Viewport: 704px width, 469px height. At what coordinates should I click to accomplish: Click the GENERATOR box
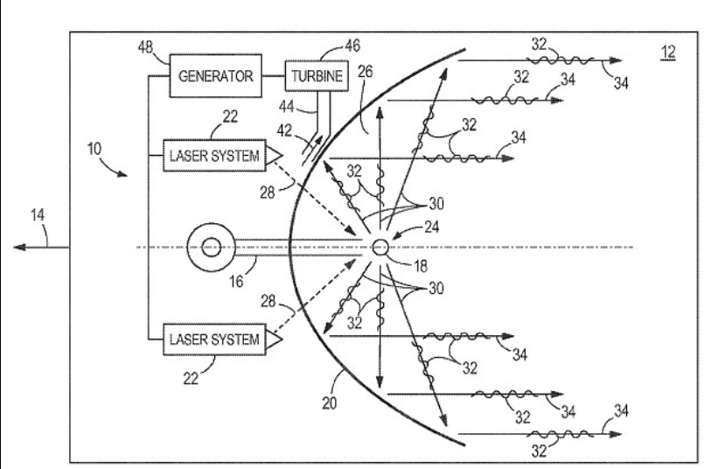point(215,75)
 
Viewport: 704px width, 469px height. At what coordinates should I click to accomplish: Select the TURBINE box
point(317,75)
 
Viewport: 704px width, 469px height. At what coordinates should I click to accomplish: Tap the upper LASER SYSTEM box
point(214,156)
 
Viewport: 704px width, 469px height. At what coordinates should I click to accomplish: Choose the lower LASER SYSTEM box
point(214,339)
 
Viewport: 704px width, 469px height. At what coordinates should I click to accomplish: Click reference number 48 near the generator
point(145,46)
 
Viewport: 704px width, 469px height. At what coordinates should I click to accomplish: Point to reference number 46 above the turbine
point(352,45)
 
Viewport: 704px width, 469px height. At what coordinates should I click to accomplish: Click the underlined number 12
point(668,52)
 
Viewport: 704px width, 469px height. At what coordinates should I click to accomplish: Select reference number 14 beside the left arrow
point(38,215)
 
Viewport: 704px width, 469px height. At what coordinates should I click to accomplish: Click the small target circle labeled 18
point(380,247)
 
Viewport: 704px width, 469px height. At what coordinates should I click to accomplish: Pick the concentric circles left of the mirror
point(211,247)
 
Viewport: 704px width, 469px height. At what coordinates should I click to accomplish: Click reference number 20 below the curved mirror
point(329,403)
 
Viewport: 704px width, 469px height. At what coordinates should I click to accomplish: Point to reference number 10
point(94,149)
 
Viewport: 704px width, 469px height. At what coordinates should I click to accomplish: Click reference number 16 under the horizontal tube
point(236,282)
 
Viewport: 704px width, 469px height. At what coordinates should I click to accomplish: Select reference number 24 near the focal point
point(431,227)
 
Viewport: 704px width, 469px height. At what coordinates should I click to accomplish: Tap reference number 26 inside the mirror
point(365,72)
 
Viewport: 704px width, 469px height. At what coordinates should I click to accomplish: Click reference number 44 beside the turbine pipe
point(287,107)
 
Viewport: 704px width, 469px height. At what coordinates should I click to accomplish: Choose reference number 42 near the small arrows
point(284,130)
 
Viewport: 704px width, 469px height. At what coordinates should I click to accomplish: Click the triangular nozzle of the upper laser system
point(275,156)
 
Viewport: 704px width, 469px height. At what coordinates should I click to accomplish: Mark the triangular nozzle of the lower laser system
point(275,339)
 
